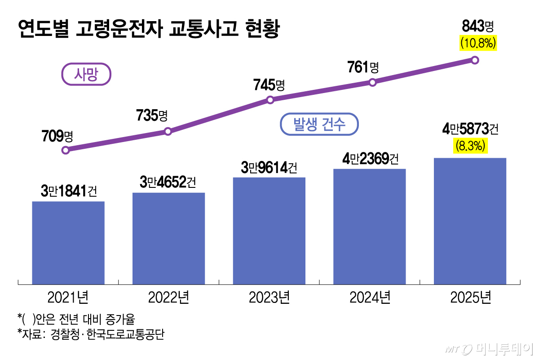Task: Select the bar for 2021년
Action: [x=68, y=243]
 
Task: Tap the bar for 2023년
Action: [x=269, y=231]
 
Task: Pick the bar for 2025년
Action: [x=470, y=221]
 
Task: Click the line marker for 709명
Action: [x=66, y=150]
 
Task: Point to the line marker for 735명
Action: [x=168, y=132]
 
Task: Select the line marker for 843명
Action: [x=475, y=60]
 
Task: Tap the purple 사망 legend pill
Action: [x=86, y=74]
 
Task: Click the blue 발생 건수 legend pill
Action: [x=319, y=124]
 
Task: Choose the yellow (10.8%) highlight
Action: [x=477, y=43]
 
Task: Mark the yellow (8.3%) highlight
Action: [x=470, y=146]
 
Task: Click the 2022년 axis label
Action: [x=168, y=298]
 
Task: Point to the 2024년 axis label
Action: [x=370, y=298]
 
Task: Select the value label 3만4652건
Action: [x=168, y=182]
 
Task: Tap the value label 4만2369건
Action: [x=369, y=159]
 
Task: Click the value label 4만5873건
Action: [x=470, y=129]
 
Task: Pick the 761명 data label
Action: [x=363, y=67]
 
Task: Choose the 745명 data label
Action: [x=269, y=84]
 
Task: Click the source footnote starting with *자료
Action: [x=90, y=335]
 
